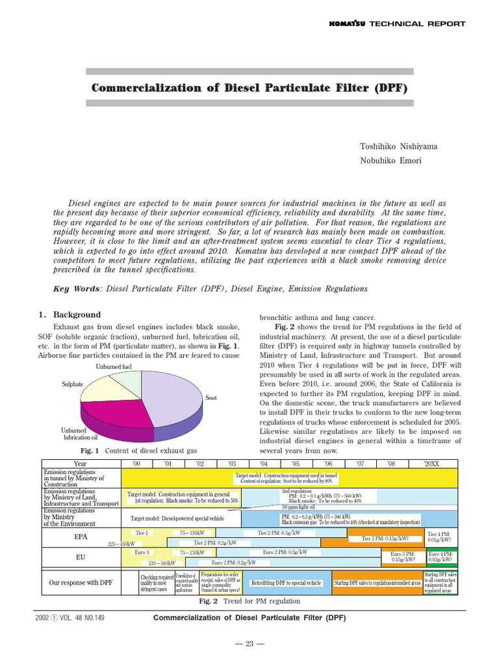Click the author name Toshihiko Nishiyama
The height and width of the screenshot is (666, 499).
(398, 146)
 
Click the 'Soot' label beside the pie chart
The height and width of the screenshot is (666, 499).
(211, 397)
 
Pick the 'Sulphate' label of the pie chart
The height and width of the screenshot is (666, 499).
(73, 384)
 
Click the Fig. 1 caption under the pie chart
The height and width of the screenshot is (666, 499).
(138, 450)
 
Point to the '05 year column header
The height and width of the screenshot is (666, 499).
(295, 464)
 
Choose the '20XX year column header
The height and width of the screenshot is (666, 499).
(431, 464)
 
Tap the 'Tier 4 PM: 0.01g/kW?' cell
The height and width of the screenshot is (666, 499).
(441, 537)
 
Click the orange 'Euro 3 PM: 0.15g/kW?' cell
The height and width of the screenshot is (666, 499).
(403, 557)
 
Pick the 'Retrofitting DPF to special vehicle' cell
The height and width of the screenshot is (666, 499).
(286, 583)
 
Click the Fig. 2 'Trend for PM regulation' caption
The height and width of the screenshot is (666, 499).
(249, 602)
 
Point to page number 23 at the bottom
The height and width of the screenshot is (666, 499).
(249, 644)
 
